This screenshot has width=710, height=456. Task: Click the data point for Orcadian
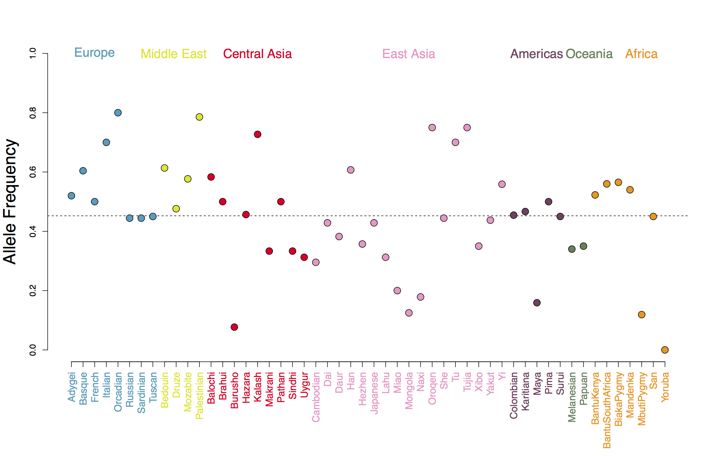tap(118, 113)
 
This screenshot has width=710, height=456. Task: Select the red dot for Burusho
tap(234, 327)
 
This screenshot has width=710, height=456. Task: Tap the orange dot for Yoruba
tap(665, 350)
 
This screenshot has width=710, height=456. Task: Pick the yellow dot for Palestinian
tap(199, 117)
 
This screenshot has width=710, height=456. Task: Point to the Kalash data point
tap(258, 134)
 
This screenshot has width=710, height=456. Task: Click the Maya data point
tap(537, 303)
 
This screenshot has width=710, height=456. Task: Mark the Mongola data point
tap(409, 313)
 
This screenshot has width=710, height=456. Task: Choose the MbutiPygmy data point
tap(641, 314)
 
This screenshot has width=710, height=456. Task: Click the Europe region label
tap(94, 53)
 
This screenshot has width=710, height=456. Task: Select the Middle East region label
tap(173, 54)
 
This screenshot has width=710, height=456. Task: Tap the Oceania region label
tap(589, 54)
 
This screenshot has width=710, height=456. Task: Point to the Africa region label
tap(641, 54)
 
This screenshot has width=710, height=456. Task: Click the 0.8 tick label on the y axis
tap(33, 113)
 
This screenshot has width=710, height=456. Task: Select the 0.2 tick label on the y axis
tap(33, 290)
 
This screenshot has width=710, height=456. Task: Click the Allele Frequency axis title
tap(10, 201)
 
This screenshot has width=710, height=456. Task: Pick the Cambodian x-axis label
tap(316, 397)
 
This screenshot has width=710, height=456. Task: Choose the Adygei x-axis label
tap(71, 387)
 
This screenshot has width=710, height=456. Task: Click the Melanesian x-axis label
tap(572, 397)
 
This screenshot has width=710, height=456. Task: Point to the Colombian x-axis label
tap(514, 395)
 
